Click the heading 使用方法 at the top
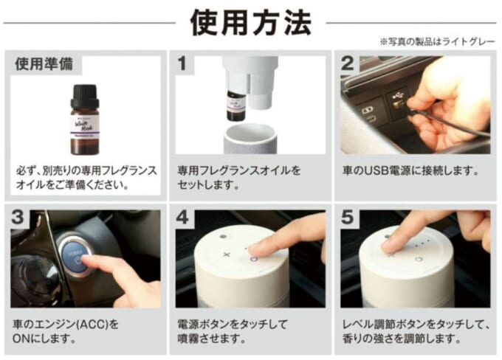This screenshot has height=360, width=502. (x=250, y=22)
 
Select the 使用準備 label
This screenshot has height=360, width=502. (x=44, y=65)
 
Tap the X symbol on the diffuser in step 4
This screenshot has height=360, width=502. (x=226, y=252)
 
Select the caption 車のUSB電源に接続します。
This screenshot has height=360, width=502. (x=410, y=171)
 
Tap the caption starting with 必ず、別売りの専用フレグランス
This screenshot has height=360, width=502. (x=86, y=178)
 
